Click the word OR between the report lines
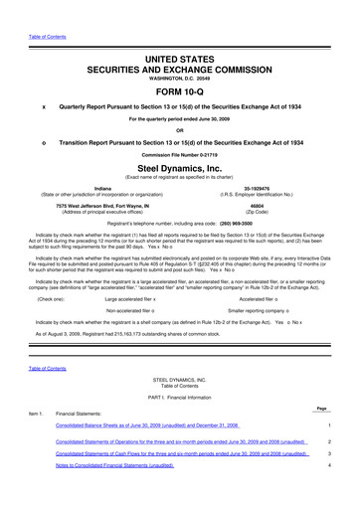click(x=179, y=129)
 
